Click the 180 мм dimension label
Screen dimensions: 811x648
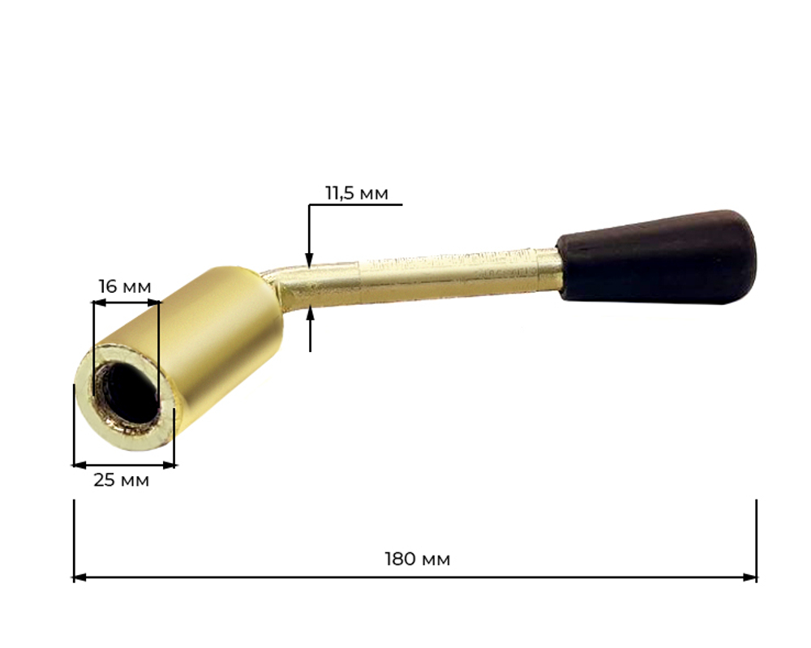(418, 559)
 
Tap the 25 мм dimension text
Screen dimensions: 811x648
(121, 480)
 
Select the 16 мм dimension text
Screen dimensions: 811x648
(125, 286)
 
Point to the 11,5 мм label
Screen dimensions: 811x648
(356, 193)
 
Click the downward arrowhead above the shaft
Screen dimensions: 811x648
(309, 260)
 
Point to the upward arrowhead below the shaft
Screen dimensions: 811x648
(311, 313)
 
